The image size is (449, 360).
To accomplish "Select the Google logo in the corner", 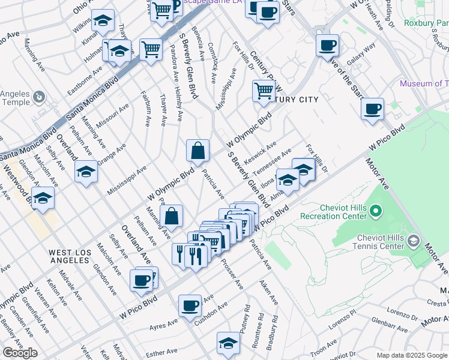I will click(20, 353).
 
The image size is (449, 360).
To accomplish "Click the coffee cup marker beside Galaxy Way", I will click(328, 46).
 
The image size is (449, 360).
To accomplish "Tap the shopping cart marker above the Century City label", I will click(264, 91).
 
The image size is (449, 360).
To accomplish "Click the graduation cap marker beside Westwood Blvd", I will click(43, 199).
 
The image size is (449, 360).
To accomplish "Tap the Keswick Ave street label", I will click(260, 154).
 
